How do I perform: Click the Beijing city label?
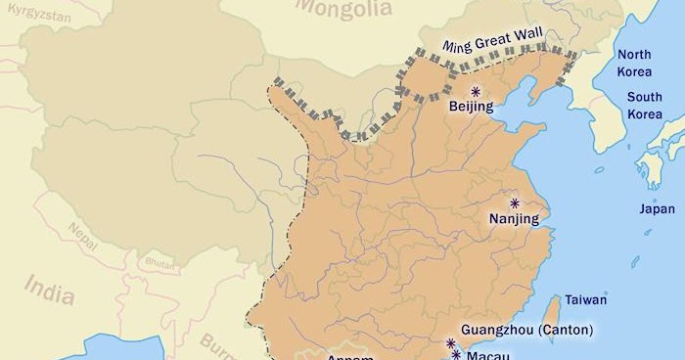pyautogui.click(x=471, y=107)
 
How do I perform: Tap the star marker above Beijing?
pyautogui.click(x=476, y=91)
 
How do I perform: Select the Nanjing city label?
pyautogui.click(x=514, y=219)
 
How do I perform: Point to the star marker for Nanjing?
pyautogui.click(x=515, y=203)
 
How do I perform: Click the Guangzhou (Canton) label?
pyautogui.click(x=525, y=330)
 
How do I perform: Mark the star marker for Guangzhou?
pyautogui.click(x=451, y=343)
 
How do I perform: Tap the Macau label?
pyautogui.click(x=487, y=356)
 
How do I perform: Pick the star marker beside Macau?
pyautogui.click(x=456, y=354)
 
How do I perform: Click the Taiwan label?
pyautogui.click(x=586, y=299)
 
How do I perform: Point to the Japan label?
pyautogui.click(x=657, y=208)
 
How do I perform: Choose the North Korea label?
pyautogui.click(x=634, y=63)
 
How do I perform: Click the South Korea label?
pyautogui.click(x=644, y=106)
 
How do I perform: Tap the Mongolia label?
pyautogui.click(x=343, y=9)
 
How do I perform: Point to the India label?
pyautogui.click(x=49, y=287)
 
